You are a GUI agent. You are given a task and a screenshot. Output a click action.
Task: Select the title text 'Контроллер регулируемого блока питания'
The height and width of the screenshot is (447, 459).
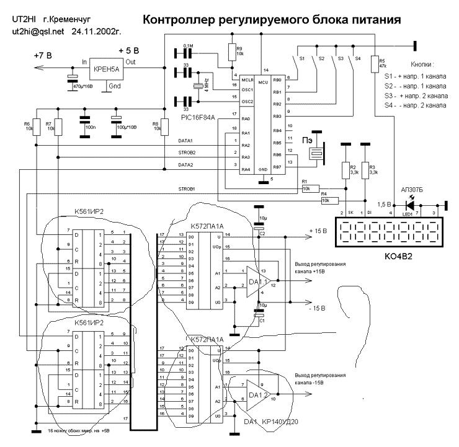(272, 20)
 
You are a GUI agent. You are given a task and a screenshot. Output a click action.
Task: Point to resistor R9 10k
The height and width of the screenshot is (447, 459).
(231, 51)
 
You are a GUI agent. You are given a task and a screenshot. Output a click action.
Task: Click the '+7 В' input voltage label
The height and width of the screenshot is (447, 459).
(45, 56)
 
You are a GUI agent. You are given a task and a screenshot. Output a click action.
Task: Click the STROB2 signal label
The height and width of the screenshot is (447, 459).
(187, 151)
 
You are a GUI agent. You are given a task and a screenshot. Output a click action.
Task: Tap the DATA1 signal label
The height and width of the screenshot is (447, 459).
(185, 141)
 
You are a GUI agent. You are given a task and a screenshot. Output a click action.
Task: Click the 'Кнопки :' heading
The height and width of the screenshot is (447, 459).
(422, 64)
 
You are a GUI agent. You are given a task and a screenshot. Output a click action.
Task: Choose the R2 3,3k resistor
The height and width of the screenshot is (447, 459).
(344, 169)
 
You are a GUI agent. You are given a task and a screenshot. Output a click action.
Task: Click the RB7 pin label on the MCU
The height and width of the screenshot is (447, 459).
(277, 166)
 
